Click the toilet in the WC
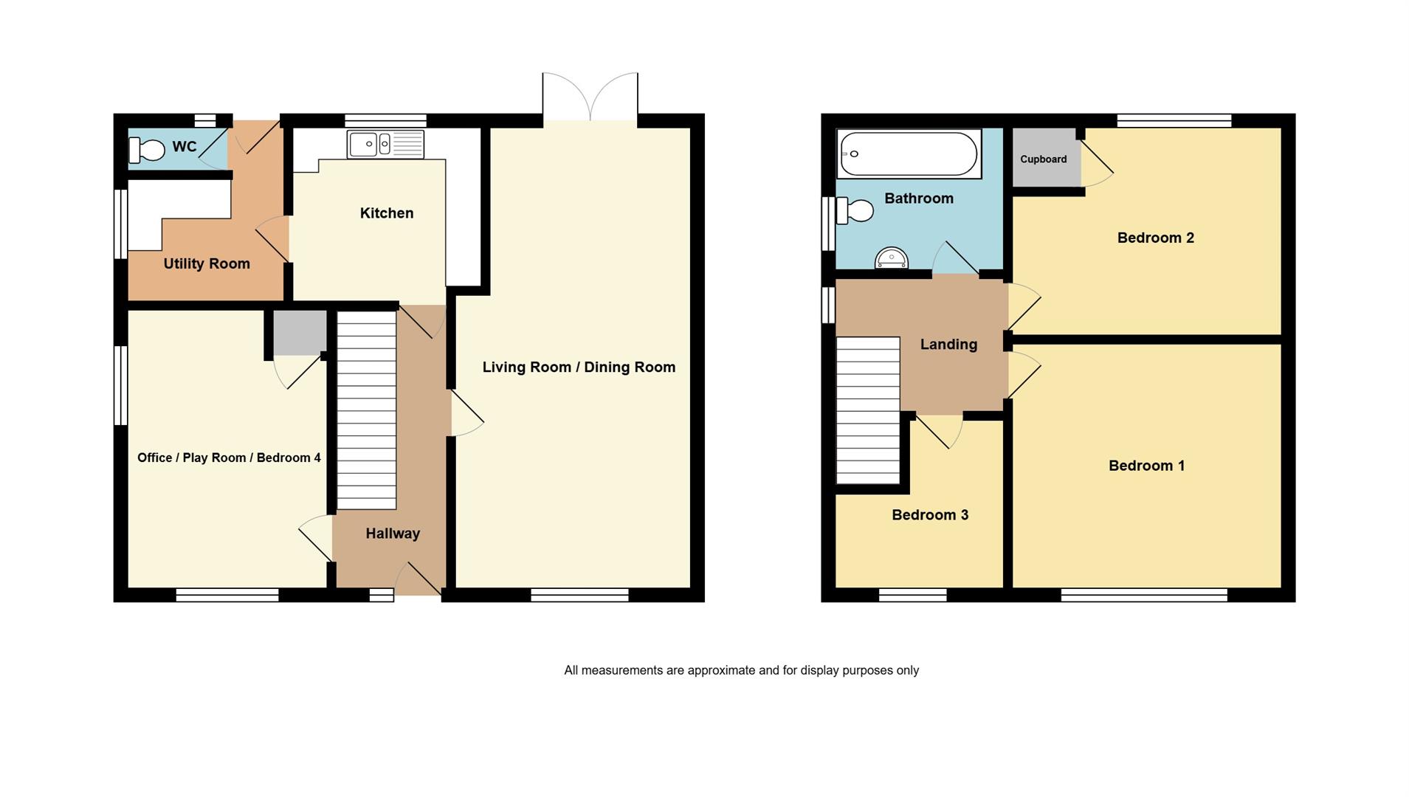tap(146, 150)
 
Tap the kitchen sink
tap(385, 145)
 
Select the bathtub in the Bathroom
tap(909, 153)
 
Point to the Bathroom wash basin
tap(891, 258)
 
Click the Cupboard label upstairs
tap(1043, 159)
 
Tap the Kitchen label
tap(387, 213)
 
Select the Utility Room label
tap(207, 263)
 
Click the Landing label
tap(948, 345)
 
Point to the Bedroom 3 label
tap(930, 515)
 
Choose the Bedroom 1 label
tap(1146, 466)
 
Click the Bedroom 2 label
tap(1155, 238)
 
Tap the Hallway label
tap(393, 534)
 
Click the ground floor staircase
tap(367, 410)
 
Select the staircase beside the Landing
tap(868, 410)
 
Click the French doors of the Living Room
tap(590, 97)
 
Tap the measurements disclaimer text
tap(741, 670)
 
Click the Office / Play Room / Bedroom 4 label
tap(229, 458)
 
